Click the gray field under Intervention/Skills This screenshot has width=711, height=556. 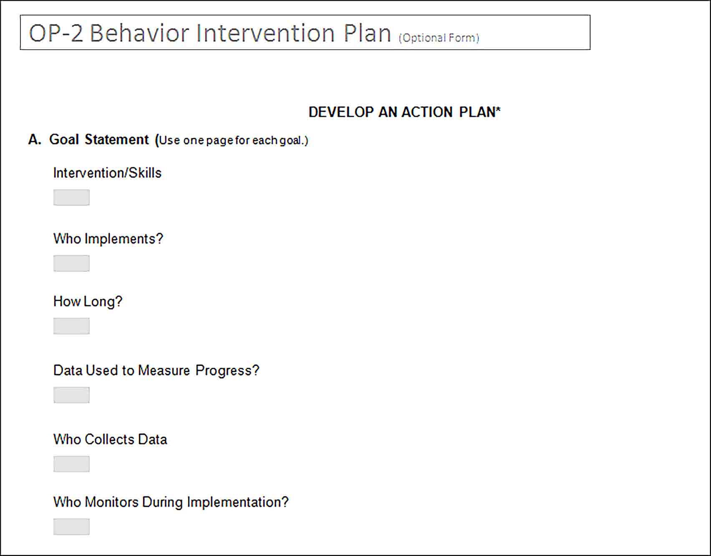point(71,197)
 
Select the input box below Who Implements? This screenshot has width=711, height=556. point(71,263)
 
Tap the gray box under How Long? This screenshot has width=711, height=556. point(71,326)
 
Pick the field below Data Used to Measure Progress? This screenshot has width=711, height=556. point(71,395)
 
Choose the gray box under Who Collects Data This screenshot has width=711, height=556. point(71,464)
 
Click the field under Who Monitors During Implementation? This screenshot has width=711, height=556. point(71,526)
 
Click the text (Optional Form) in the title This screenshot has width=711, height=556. point(439,38)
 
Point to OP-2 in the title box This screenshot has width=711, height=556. point(56,33)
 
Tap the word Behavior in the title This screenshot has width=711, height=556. point(139,33)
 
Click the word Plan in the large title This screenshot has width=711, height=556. point(367,33)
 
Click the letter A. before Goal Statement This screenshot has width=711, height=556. point(35,139)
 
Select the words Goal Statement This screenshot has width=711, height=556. point(99,139)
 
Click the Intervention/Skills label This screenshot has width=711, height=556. point(107,173)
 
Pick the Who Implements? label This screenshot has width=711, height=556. point(108,239)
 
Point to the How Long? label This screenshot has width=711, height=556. point(88,302)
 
